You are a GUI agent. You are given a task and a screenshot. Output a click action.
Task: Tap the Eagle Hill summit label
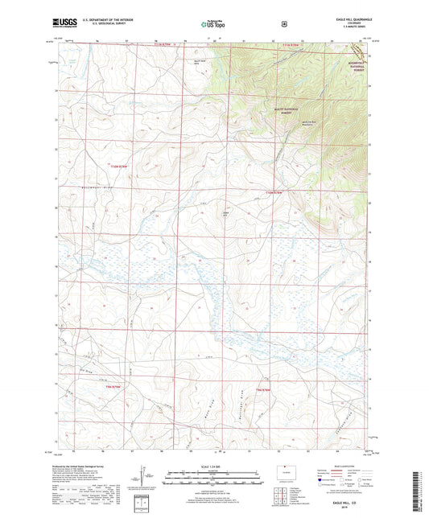coord(226,213)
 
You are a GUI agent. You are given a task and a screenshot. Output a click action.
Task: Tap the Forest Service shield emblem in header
coord(283,24)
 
